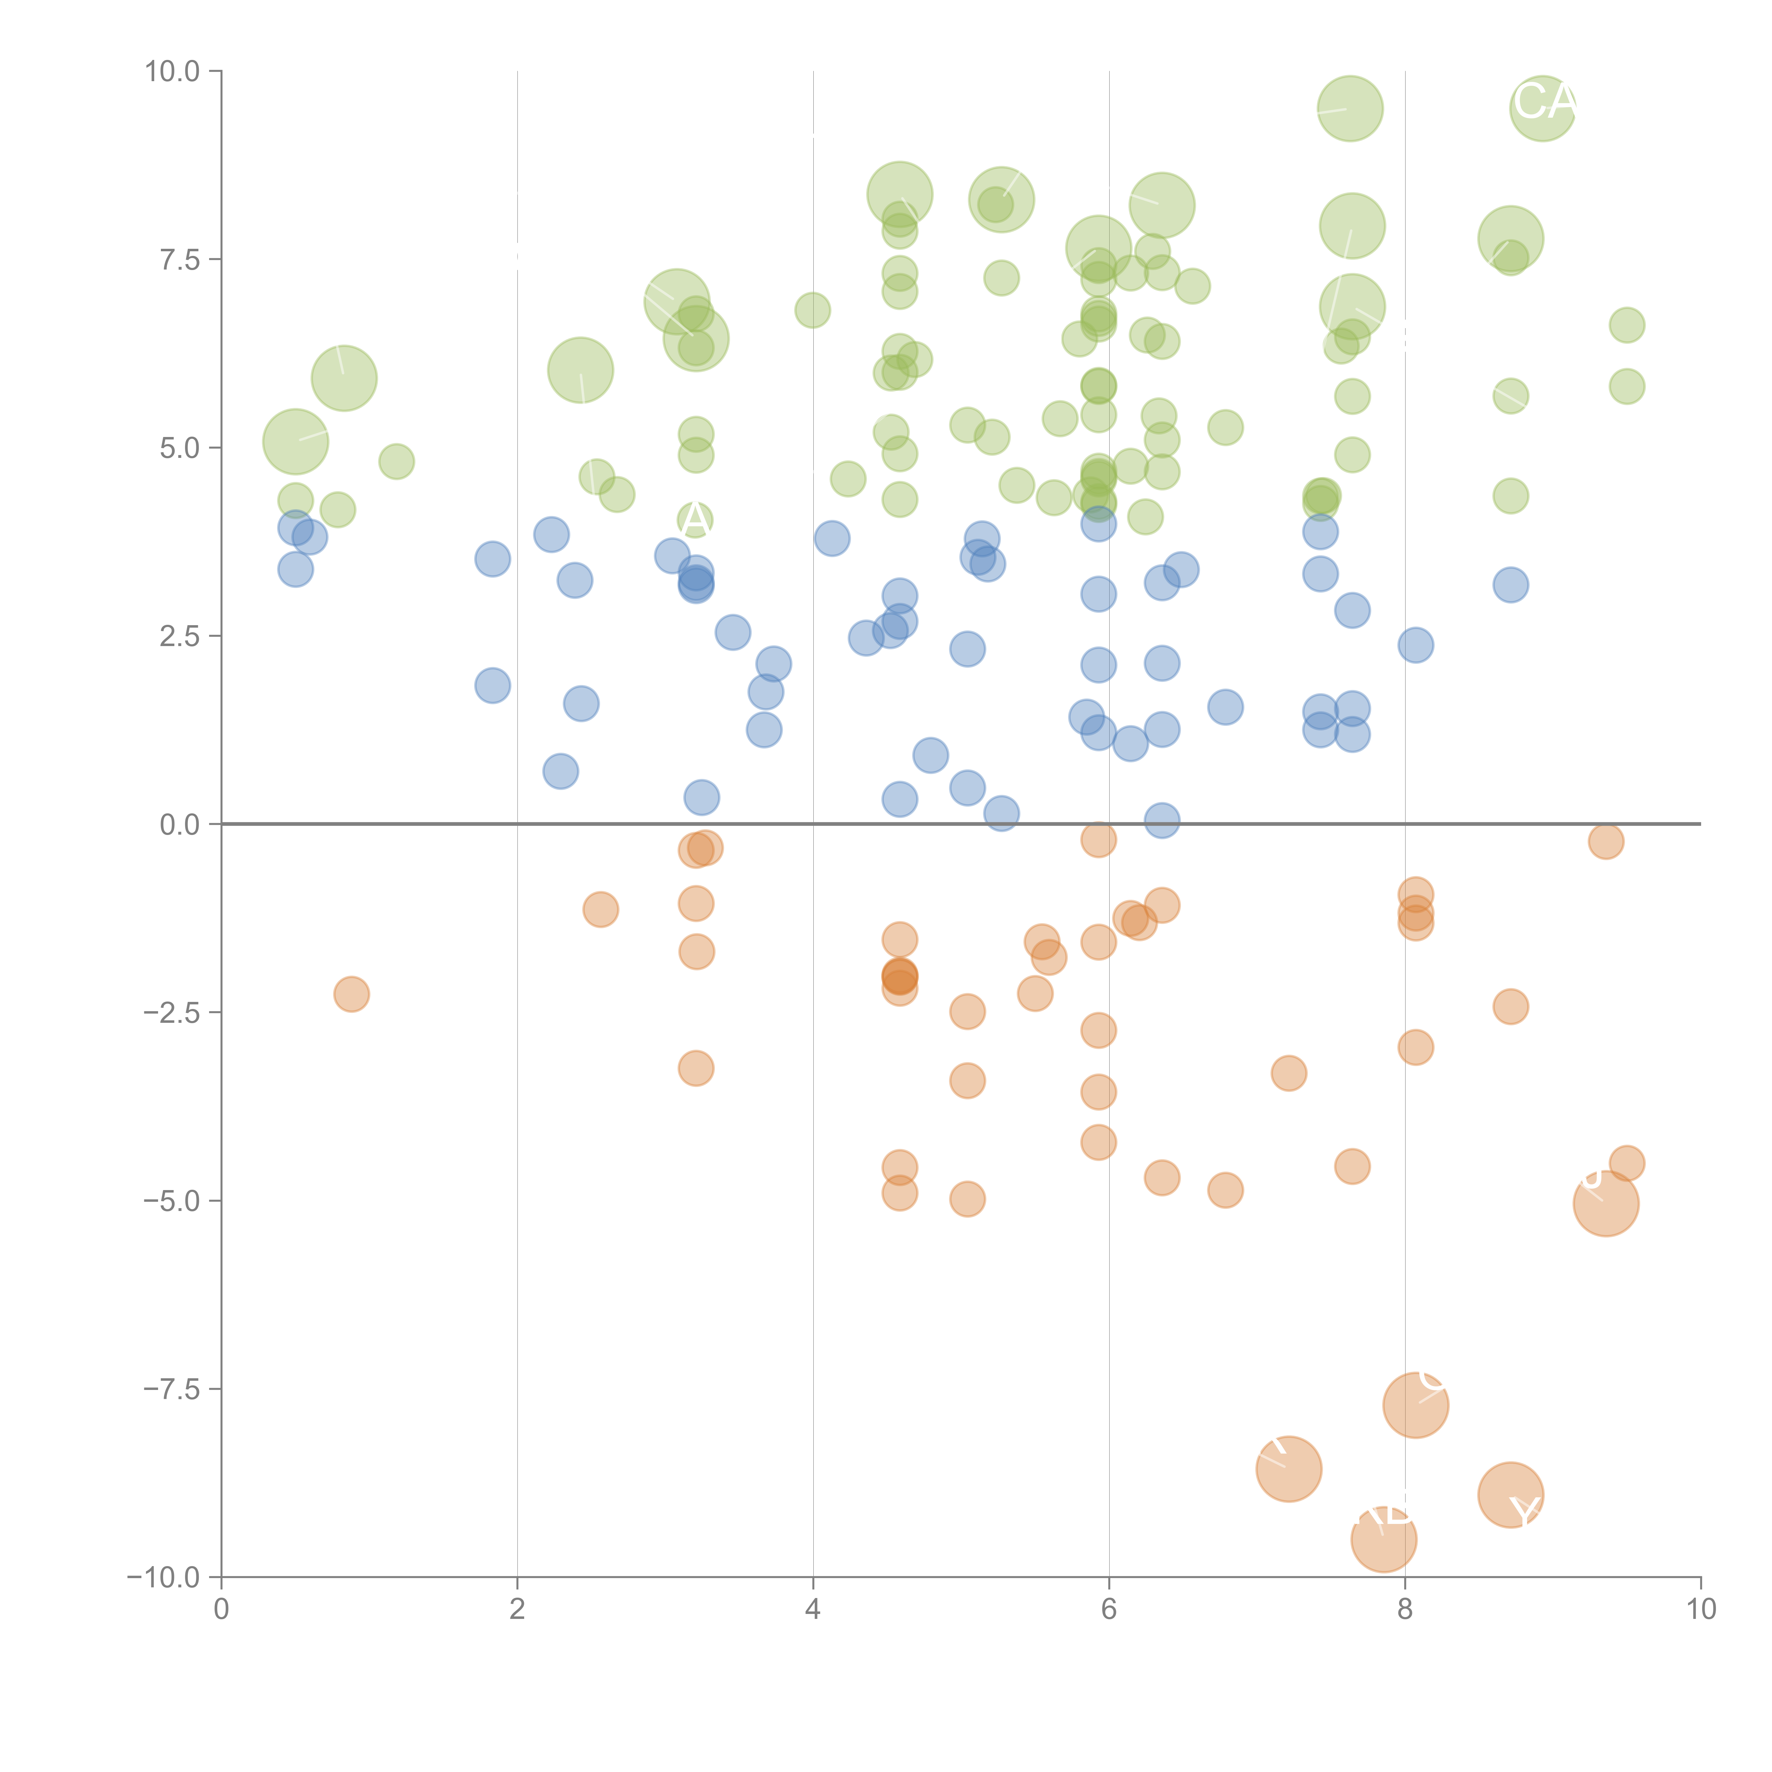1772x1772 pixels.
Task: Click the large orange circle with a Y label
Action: (x=1510, y=1495)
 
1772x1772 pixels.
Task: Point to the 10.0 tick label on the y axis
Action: (x=173, y=72)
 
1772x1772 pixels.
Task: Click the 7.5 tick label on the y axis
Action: (x=180, y=259)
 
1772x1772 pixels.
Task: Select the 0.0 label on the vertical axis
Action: (x=180, y=825)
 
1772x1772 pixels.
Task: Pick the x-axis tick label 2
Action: (x=517, y=1610)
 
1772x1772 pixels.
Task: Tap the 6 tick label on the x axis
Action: (x=1109, y=1610)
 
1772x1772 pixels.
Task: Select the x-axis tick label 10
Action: (x=1700, y=1610)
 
